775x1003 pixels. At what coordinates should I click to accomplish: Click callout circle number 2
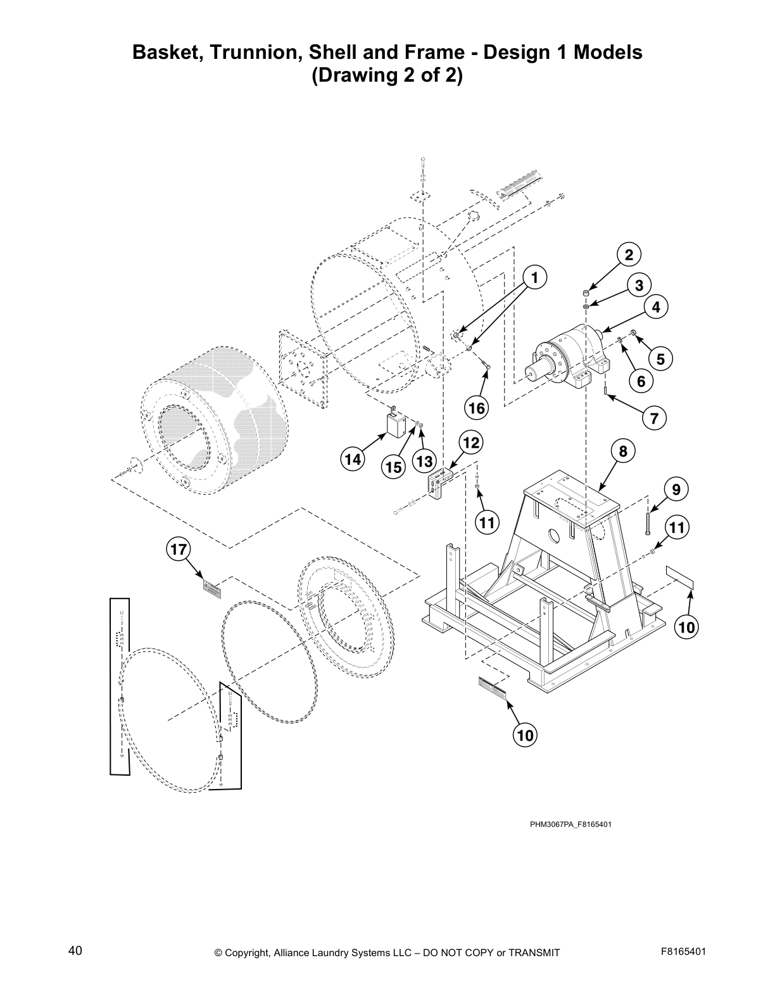[x=628, y=255]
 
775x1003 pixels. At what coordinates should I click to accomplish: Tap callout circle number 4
[x=656, y=307]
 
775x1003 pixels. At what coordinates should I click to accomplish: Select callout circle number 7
[x=654, y=418]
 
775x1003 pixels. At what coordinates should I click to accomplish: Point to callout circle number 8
[x=623, y=451]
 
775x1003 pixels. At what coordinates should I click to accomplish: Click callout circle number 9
[x=676, y=489]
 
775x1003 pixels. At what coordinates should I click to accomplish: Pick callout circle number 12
[x=471, y=443]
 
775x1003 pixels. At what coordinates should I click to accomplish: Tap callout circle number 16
[x=476, y=408]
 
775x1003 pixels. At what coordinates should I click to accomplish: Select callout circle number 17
[x=179, y=549]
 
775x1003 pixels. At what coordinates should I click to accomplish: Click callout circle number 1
[x=534, y=277]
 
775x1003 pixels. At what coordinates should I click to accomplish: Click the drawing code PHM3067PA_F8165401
[x=570, y=824]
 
